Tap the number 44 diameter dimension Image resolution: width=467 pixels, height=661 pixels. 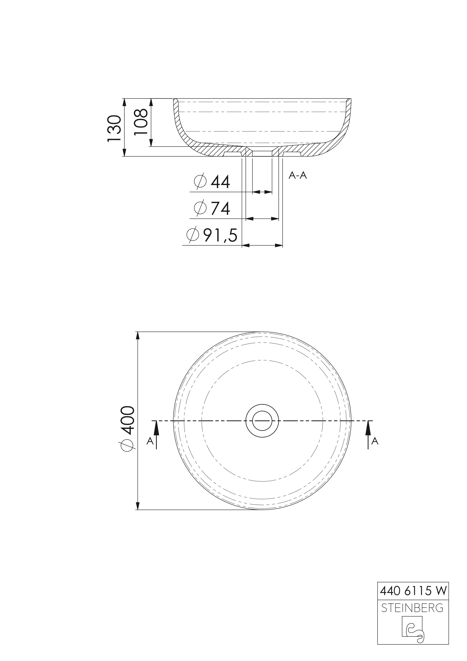point(220,182)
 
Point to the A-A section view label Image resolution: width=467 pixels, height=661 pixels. point(298,175)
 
